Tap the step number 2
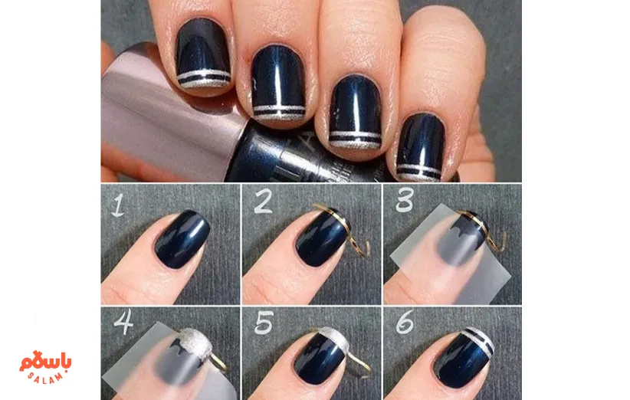click(263, 203)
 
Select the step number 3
click(403, 202)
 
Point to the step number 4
click(122, 324)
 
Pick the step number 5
click(264, 324)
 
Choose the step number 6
click(405, 324)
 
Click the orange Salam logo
click(46, 365)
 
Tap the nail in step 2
click(321, 238)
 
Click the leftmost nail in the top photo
click(202, 54)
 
